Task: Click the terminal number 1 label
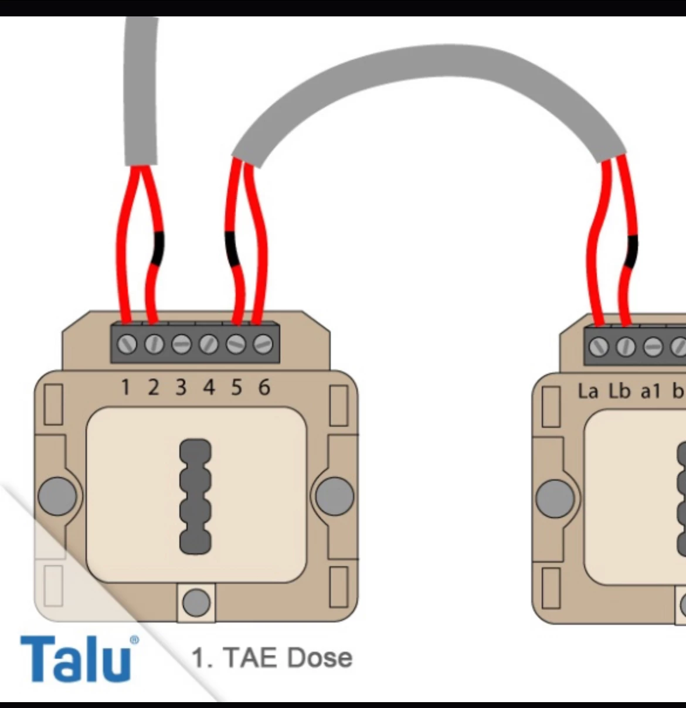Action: (125, 387)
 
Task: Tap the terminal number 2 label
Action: (153, 387)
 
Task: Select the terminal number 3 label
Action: (181, 387)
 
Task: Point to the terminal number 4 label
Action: (209, 387)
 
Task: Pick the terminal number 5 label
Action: (236, 387)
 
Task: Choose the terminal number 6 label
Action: (264, 387)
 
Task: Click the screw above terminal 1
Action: (127, 344)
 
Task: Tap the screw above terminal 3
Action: (181, 344)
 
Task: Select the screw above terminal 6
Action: (263, 344)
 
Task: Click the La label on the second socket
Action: (588, 391)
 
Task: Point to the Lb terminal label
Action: (619, 391)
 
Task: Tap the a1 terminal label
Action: (650, 391)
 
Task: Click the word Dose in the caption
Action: (320, 658)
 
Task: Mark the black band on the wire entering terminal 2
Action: (157, 249)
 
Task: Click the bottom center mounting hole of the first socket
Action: (196, 602)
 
